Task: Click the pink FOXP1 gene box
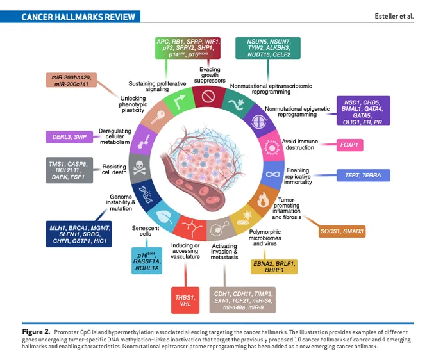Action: pos(350,145)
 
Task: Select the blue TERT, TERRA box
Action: pos(363,176)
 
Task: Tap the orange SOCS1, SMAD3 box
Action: pos(342,231)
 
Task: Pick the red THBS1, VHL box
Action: pos(185,300)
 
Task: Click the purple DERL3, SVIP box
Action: pos(69,137)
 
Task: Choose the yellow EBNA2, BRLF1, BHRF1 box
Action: pos(274,266)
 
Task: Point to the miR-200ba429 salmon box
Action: pos(71,80)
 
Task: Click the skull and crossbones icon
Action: pos(139,168)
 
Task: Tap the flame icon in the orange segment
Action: pos(263,200)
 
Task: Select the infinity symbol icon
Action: pos(272,174)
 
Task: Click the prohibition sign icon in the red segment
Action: pos(208,96)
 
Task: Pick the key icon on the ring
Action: pos(158,117)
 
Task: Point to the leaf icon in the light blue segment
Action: pos(163,216)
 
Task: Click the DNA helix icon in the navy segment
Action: pos(146,194)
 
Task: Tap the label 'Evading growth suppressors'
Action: pos(210,75)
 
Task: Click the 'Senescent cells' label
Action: pos(146,231)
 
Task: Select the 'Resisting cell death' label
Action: pos(114,169)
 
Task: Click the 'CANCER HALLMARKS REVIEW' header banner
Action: pos(70,17)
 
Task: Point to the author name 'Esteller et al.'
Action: pos(394,16)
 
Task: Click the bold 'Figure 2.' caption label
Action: pos(36,332)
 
